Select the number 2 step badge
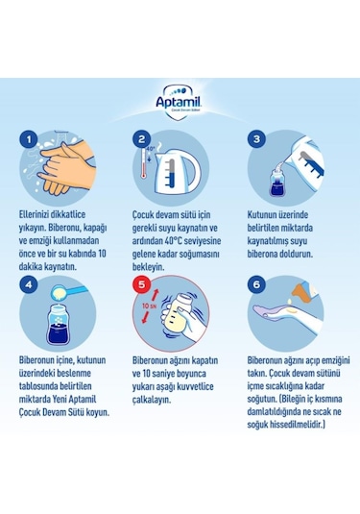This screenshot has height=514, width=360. coord(141,139)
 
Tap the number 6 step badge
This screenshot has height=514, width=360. coord(255,285)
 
